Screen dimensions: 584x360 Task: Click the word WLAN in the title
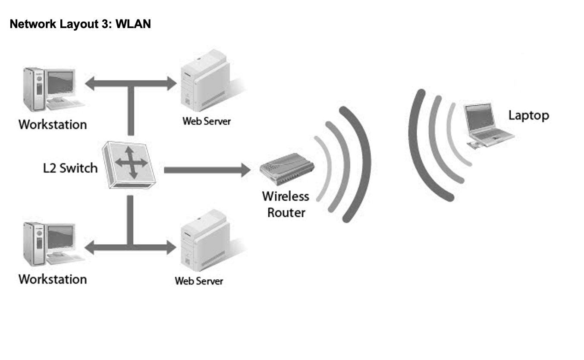[x=133, y=24]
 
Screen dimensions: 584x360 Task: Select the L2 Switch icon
[x=129, y=164]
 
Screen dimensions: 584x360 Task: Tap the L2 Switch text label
[x=70, y=168]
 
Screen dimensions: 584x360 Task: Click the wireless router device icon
[x=287, y=169]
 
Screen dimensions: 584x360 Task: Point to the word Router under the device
[x=286, y=213]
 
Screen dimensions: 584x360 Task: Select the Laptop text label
[x=529, y=115]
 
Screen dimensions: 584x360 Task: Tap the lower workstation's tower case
[x=34, y=243]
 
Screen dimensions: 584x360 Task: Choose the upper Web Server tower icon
[x=206, y=81]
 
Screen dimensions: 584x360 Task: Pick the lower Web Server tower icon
[x=206, y=240]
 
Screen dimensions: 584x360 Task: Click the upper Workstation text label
[x=53, y=124]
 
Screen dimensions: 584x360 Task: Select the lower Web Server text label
[x=199, y=281]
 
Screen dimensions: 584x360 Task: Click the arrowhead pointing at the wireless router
[x=245, y=170]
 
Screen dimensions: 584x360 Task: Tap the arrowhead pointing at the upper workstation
[x=90, y=83]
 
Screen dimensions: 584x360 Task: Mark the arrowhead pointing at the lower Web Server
[x=172, y=248]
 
